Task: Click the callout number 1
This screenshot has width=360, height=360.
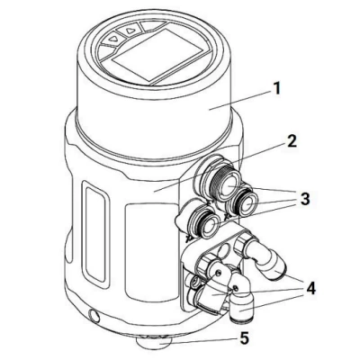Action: tap(276, 88)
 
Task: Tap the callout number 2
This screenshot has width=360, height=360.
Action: tap(290, 140)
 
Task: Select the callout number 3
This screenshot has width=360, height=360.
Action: tap(304, 199)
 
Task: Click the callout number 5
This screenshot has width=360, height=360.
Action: tap(244, 338)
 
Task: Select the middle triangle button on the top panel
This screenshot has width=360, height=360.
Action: tap(130, 31)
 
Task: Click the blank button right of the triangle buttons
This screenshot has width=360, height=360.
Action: tap(153, 26)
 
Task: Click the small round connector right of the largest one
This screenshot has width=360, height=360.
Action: tap(243, 202)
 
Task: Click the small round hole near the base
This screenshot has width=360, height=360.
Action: tap(94, 316)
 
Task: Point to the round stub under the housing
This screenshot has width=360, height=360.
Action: tap(154, 343)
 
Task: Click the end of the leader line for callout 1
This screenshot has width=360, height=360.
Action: tap(210, 110)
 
